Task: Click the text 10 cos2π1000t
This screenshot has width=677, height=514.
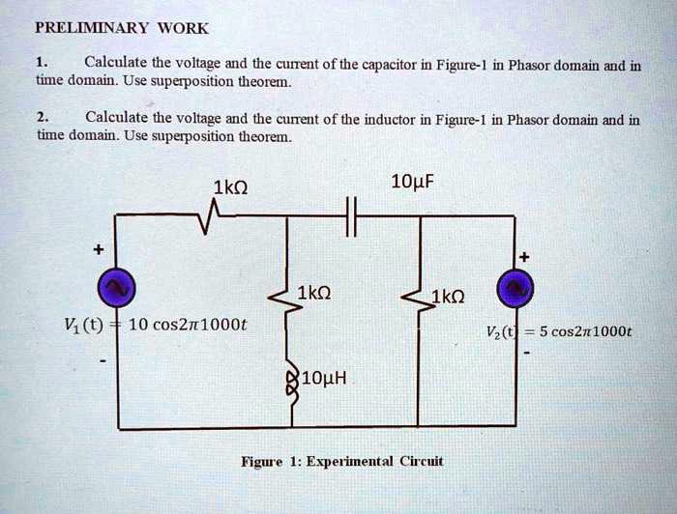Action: [x=188, y=325]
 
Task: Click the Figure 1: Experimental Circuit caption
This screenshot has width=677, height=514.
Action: [x=341, y=461]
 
